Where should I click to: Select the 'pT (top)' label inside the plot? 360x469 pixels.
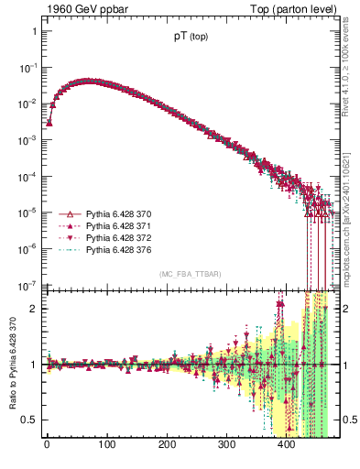pyautogui.click(x=190, y=40)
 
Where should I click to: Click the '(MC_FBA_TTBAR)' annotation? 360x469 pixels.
pyautogui.click(x=190, y=275)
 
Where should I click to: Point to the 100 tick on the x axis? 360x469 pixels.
pyautogui.click(x=106, y=445)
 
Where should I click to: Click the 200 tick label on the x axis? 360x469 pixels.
pyautogui.click(x=167, y=445)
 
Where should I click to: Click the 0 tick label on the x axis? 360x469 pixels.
pyautogui.click(x=47, y=445)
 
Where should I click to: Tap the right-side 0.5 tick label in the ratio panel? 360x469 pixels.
pyautogui.click(x=343, y=420)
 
